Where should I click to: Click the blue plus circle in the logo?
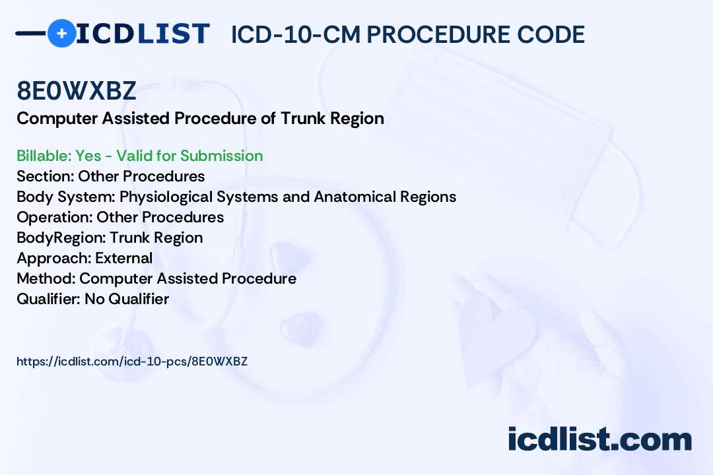(62, 33)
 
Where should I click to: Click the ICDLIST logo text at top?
(143, 34)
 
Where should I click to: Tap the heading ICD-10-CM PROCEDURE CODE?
(407, 35)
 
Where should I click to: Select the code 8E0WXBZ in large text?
(77, 92)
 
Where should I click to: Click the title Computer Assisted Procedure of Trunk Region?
(200, 119)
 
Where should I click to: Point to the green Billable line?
(139, 156)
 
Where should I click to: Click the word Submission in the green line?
(221, 156)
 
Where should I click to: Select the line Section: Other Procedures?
(110, 176)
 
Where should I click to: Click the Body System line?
(236, 197)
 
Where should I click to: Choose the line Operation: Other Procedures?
(119, 217)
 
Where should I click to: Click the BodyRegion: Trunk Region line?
(109, 237)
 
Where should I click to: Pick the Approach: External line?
(84, 258)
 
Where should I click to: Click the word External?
(123, 258)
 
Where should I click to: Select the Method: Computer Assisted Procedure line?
(156, 278)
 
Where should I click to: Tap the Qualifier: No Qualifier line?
(92, 299)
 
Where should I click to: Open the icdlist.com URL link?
(131, 362)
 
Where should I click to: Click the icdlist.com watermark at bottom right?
(599, 440)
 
